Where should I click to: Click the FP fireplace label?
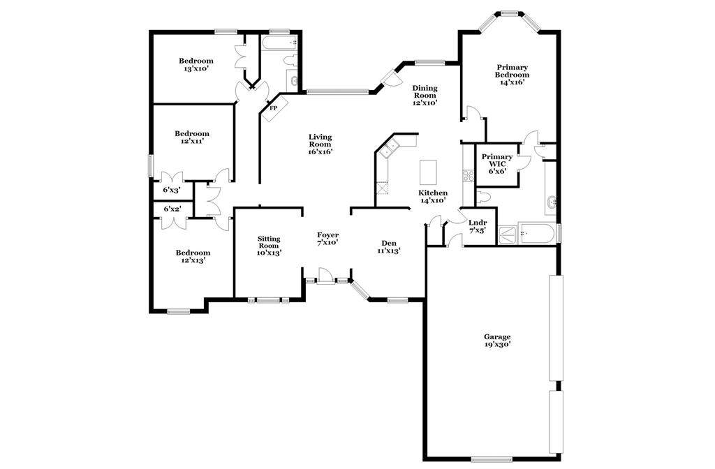274,108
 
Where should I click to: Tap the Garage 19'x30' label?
497,341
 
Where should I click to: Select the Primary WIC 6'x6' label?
497,163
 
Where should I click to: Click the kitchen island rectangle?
428,171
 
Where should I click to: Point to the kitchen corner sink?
390,149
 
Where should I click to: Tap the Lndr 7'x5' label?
478,226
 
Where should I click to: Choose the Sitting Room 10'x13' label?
269,246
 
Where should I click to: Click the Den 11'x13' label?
388,246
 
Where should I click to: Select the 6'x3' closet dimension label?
172,190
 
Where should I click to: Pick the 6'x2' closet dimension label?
172,209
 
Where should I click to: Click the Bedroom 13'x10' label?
196,65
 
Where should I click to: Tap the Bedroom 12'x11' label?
191,137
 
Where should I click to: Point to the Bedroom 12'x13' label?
193,257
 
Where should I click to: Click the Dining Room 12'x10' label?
425,95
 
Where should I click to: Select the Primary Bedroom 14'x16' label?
512,75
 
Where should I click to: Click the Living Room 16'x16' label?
320,144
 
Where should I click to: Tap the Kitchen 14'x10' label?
432,196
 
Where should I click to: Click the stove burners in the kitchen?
469,176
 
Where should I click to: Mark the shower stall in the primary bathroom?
508,235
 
